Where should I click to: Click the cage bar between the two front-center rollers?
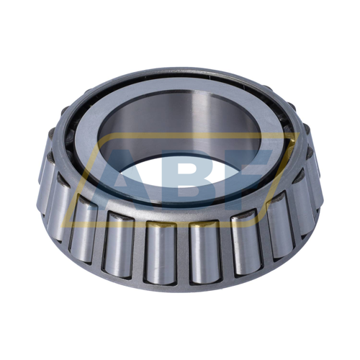click(182, 254)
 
